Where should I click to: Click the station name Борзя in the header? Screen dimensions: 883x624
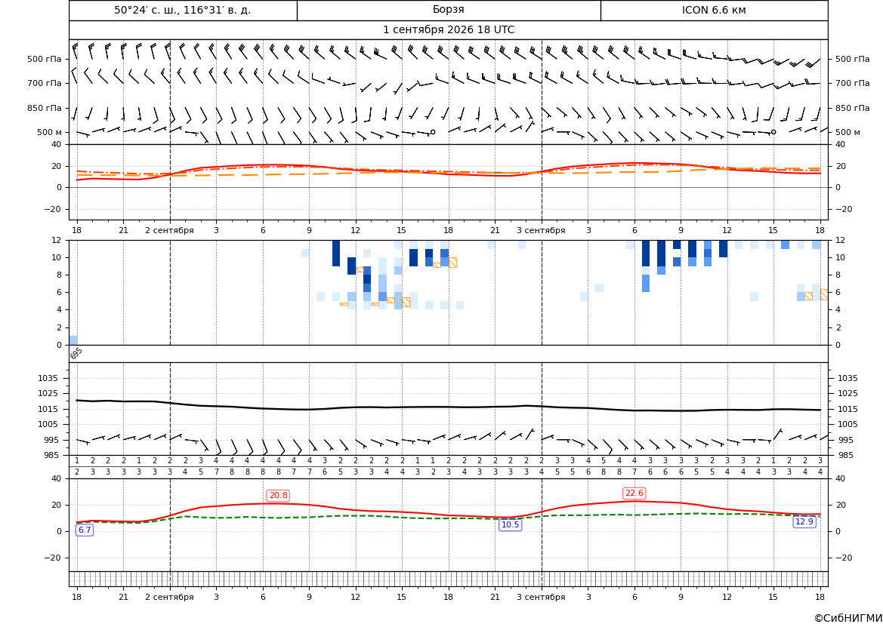pyautogui.click(x=448, y=10)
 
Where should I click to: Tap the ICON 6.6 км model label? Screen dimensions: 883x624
pyautogui.click(x=714, y=10)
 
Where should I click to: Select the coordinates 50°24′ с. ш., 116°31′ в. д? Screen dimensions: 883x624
pyautogui.click(x=183, y=10)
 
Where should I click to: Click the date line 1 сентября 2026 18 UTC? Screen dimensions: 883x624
pyautogui.click(x=448, y=30)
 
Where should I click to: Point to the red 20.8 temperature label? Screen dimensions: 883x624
pyautogui.click(x=278, y=495)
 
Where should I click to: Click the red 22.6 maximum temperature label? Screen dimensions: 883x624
pyautogui.click(x=634, y=493)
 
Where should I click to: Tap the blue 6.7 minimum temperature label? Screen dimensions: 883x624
pyautogui.click(x=85, y=530)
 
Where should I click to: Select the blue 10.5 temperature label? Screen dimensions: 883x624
pyautogui.click(x=510, y=524)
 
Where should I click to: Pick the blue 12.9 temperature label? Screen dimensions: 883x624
pyautogui.click(x=804, y=521)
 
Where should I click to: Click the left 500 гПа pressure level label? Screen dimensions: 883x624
pyautogui.click(x=45, y=59)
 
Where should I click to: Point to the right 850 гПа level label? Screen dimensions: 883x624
pyautogui.click(x=852, y=108)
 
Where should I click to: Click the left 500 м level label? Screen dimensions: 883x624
pyautogui.click(x=49, y=132)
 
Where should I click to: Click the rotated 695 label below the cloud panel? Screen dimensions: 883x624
pyautogui.click(x=76, y=353)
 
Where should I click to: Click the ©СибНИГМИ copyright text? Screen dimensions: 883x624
pyautogui.click(x=848, y=618)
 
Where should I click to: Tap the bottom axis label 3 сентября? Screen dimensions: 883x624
pyautogui.click(x=541, y=597)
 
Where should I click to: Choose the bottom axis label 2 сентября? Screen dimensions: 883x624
pyautogui.click(x=169, y=597)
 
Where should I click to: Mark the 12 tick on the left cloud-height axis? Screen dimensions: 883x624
pyautogui.click(x=57, y=240)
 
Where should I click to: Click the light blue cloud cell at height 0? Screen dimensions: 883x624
pyautogui.click(x=73, y=340)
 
